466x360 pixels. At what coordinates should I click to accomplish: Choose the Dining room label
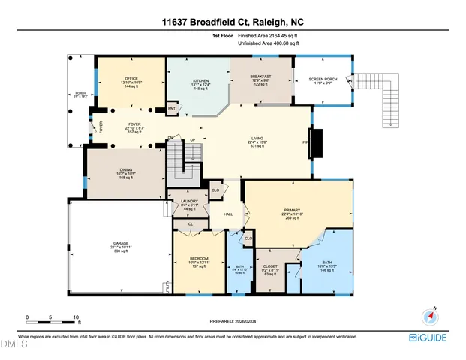125,170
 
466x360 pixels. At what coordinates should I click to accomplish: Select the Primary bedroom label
292,211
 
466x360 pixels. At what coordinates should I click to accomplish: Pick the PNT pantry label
172,109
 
